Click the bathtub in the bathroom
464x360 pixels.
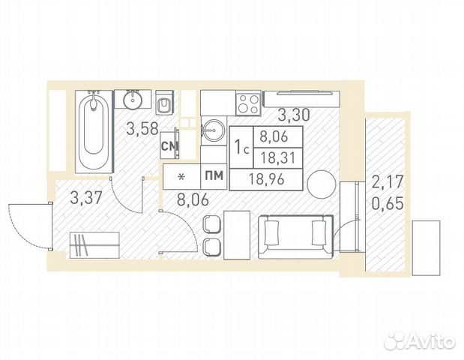94,131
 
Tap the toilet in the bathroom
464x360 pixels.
163,102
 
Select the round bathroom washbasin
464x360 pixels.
133,100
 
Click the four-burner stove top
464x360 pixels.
248,103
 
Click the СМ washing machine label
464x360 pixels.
169,145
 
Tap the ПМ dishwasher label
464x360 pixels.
214,175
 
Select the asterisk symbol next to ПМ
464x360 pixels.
181,177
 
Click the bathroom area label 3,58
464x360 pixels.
142,129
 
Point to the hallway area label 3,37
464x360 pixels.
86,197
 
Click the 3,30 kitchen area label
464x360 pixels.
294,115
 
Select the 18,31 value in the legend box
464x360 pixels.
278,158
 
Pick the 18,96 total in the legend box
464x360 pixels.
267,179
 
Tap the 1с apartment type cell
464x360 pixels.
242,147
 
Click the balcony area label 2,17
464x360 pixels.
388,181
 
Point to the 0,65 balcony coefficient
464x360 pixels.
388,203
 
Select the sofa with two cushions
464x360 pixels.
295,237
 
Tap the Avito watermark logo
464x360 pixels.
419,340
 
